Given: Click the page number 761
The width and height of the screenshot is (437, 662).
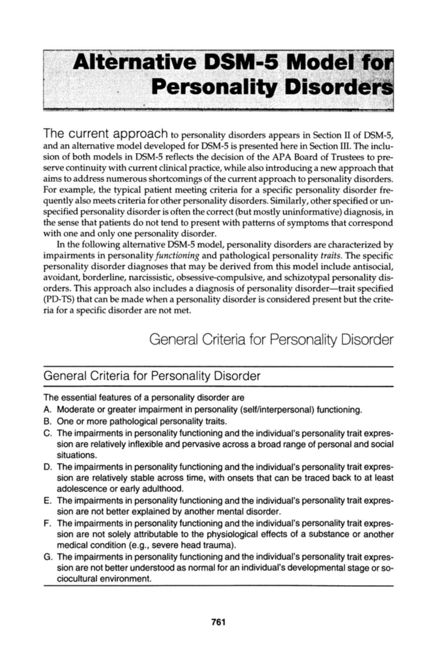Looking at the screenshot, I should (219, 622).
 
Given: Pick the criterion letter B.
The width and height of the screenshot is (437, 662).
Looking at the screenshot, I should (47, 421).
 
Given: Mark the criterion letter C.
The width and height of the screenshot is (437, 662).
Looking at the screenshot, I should (47, 433).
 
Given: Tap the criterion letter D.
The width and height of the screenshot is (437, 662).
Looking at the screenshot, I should (47, 467).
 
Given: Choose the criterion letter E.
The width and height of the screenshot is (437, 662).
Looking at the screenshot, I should (47, 500).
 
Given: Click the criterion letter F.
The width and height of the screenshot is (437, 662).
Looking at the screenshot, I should (47, 523).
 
